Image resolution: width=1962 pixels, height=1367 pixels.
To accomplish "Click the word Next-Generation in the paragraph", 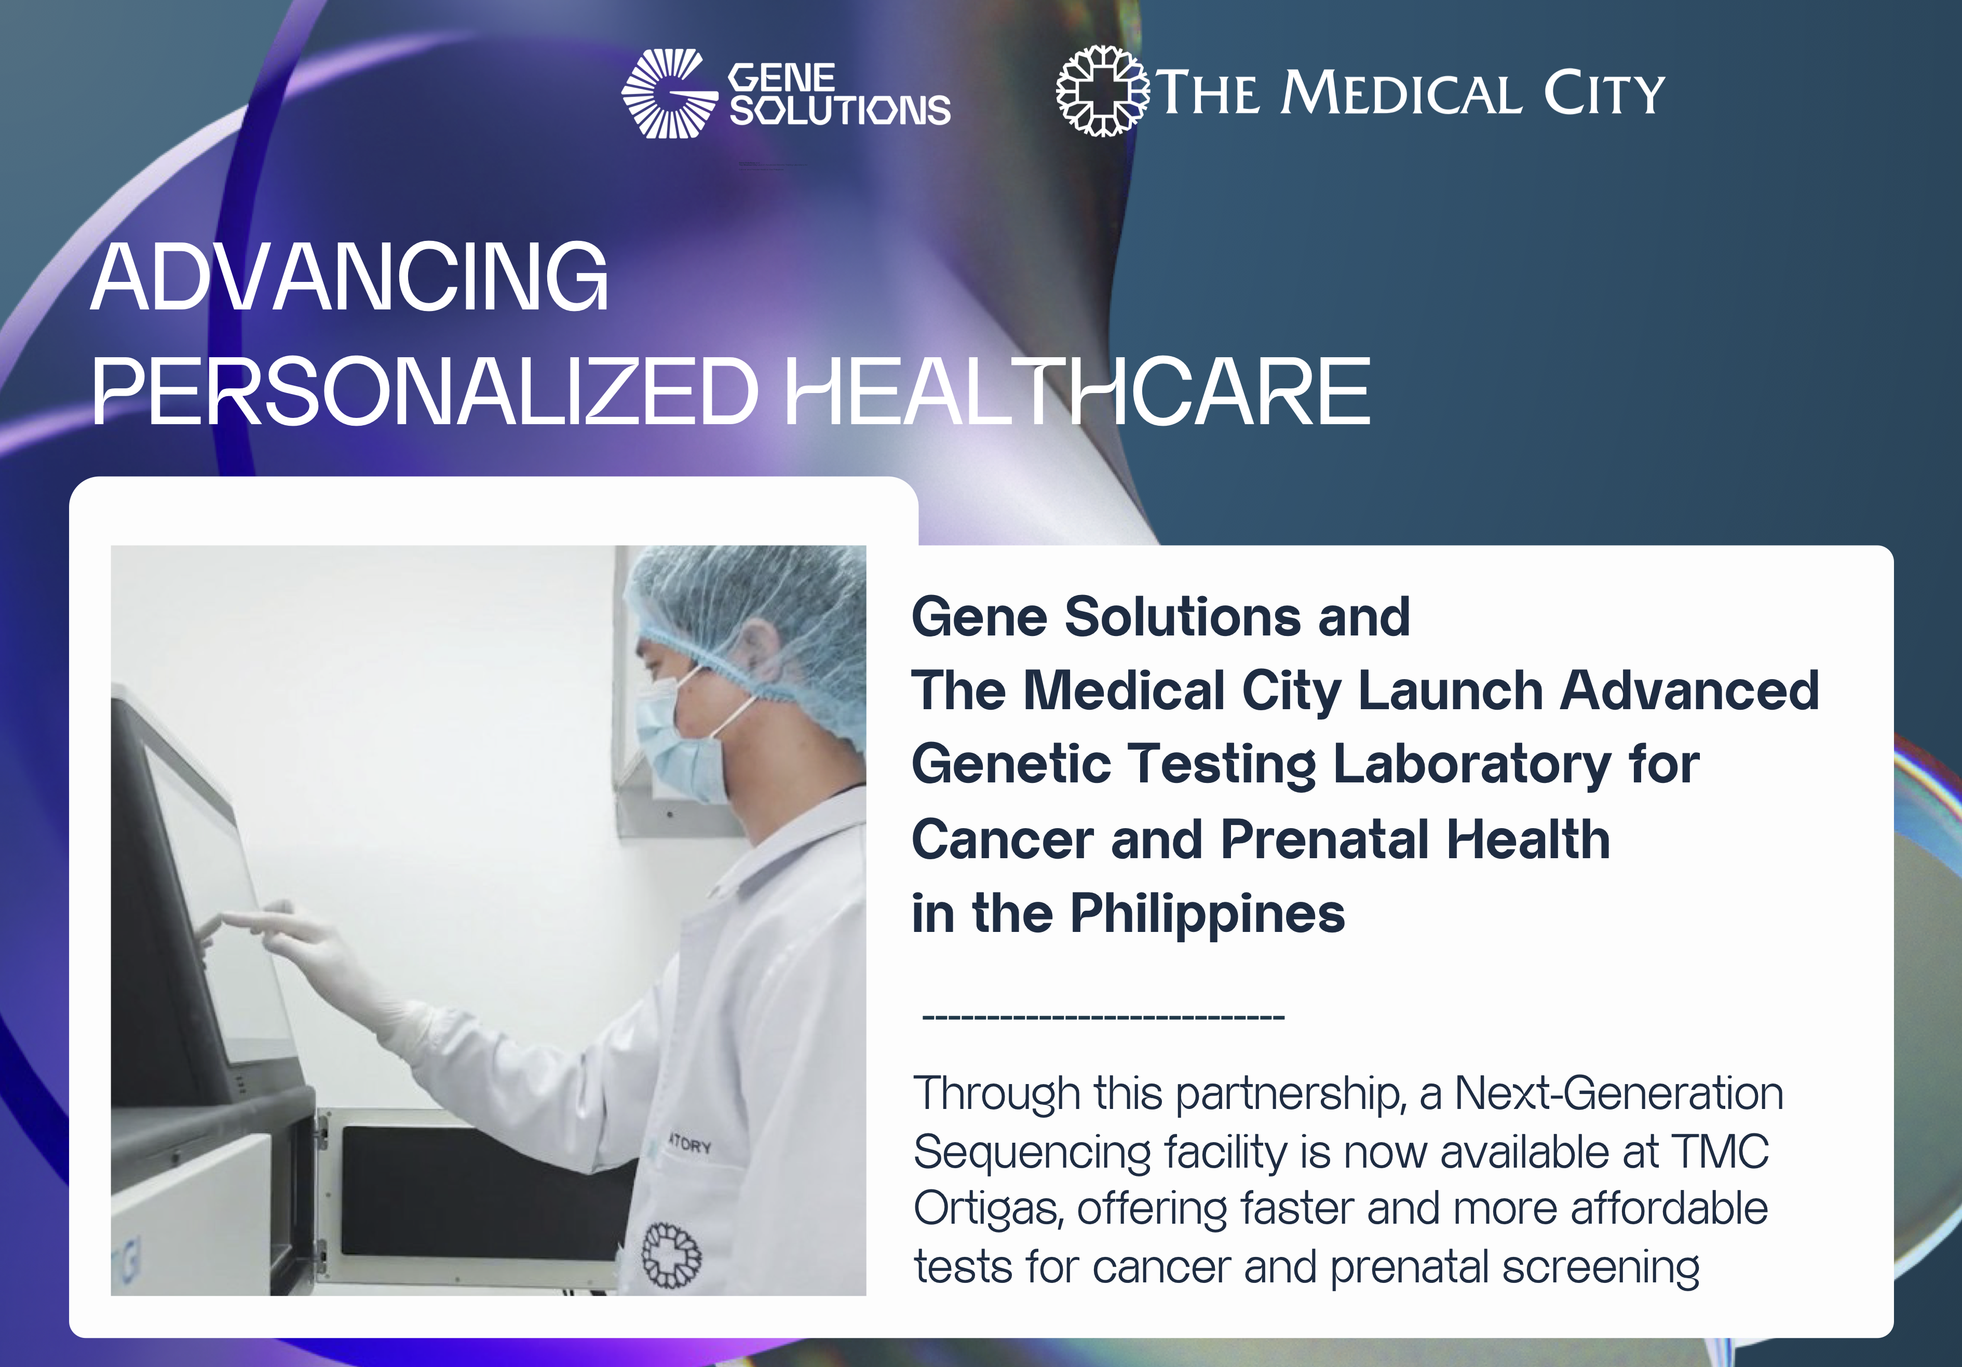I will (x=1618, y=1093).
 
